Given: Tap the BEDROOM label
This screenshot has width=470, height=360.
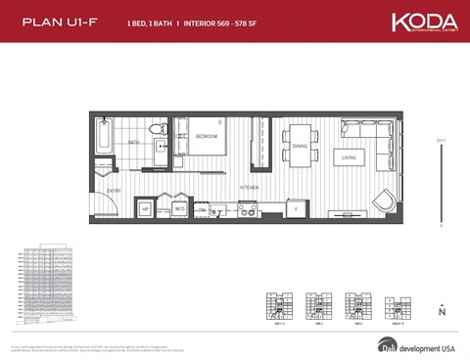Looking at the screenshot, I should point(206,136).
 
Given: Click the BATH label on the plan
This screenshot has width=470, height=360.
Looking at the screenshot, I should point(133,142).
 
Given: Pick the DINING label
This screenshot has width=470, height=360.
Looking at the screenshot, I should point(299,146).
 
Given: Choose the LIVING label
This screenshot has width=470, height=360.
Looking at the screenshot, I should point(348,157).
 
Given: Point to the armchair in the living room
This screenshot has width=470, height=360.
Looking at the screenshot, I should point(383,202).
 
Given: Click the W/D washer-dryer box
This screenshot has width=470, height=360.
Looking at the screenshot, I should point(179,208).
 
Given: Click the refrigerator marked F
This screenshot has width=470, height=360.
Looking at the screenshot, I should point(296,207).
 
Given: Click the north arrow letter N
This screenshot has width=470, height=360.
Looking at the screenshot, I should point(442,314).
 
